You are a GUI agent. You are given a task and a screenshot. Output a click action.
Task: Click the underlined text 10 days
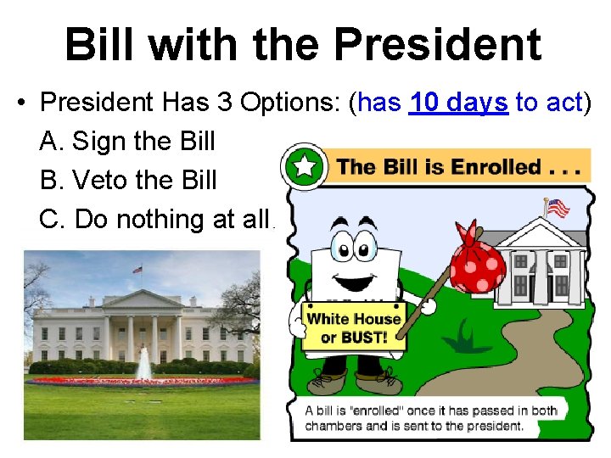pos(458,103)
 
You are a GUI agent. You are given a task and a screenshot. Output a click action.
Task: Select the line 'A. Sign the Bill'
pos(127,141)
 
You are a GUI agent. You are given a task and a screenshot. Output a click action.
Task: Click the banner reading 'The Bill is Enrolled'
pos(458,166)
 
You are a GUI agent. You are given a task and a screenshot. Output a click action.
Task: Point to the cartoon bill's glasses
pos(355,247)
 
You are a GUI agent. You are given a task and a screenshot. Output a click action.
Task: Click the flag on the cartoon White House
pos(558,207)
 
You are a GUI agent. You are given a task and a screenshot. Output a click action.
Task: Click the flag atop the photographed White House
pos(137,270)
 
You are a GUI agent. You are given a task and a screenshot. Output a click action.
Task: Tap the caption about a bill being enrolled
pos(431,417)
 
